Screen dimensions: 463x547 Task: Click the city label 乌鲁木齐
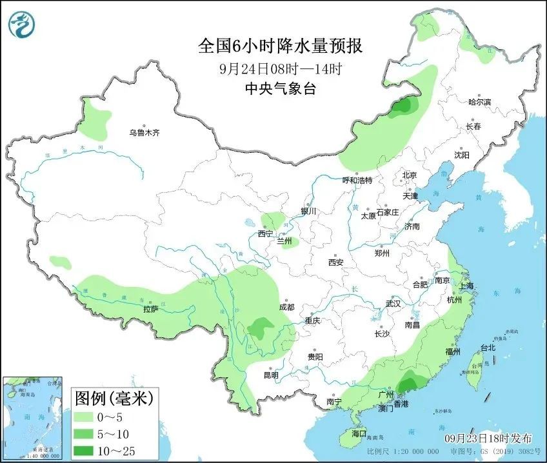tap(143, 133)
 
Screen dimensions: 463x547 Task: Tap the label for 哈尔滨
tap(479, 102)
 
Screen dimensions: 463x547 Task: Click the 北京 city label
tap(410, 175)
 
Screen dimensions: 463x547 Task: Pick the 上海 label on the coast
tap(465, 286)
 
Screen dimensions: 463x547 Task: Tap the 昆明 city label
tap(271, 375)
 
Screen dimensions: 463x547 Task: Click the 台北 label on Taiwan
tap(488, 348)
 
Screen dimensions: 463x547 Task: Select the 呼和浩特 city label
tap(357, 181)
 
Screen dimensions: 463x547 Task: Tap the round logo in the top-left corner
tap(22, 24)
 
